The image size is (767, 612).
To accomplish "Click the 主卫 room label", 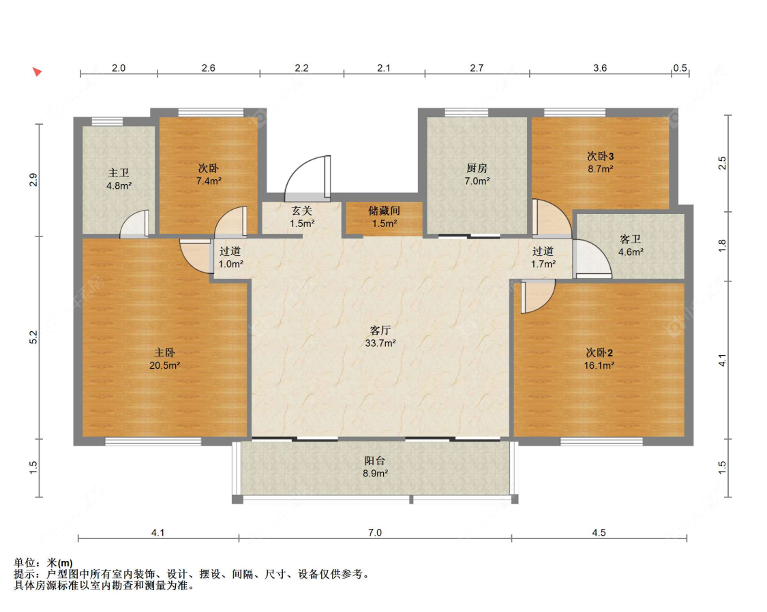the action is click(x=119, y=173).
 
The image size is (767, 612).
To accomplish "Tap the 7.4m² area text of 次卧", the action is click(x=209, y=181).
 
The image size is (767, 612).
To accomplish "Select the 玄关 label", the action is click(x=302, y=211).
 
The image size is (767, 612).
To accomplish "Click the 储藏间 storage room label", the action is click(x=384, y=211).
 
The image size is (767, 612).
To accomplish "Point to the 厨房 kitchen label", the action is click(x=477, y=168).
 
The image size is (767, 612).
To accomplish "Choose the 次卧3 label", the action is click(x=600, y=157).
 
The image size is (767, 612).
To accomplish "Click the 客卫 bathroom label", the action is click(x=631, y=239).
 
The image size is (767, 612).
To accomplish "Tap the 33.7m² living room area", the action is click(x=380, y=343).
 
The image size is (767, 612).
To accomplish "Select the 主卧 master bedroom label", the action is click(x=165, y=352).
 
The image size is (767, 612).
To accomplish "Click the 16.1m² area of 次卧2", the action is click(x=599, y=365).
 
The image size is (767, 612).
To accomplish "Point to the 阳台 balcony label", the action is click(x=375, y=461).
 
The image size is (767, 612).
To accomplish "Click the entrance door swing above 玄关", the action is click(x=307, y=178).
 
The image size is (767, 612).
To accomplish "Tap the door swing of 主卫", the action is click(x=134, y=224).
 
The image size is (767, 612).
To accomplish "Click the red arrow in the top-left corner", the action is click(x=37, y=72).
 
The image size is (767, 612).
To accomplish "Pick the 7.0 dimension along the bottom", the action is click(x=375, y=532).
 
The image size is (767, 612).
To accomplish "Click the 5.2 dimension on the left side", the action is click(x=33, y=337).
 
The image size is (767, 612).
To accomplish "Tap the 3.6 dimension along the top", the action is click(x=600, y=68).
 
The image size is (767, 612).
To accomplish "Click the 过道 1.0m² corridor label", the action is click(x=230, y=258).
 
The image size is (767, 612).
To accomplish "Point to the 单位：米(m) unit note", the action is click(x=44, y=563).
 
